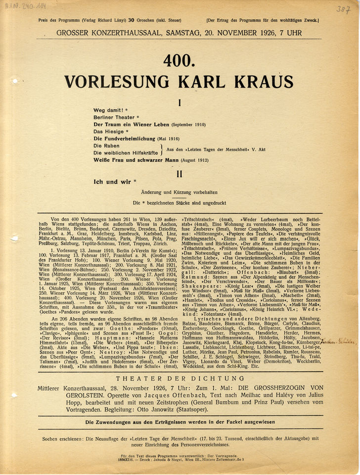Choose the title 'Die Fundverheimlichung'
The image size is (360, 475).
[x=124, y=139]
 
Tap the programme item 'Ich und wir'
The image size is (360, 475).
[x=112, y=182]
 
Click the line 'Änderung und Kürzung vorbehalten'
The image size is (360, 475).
[x=180, y=192]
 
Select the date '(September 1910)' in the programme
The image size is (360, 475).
[x=188, y=125]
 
